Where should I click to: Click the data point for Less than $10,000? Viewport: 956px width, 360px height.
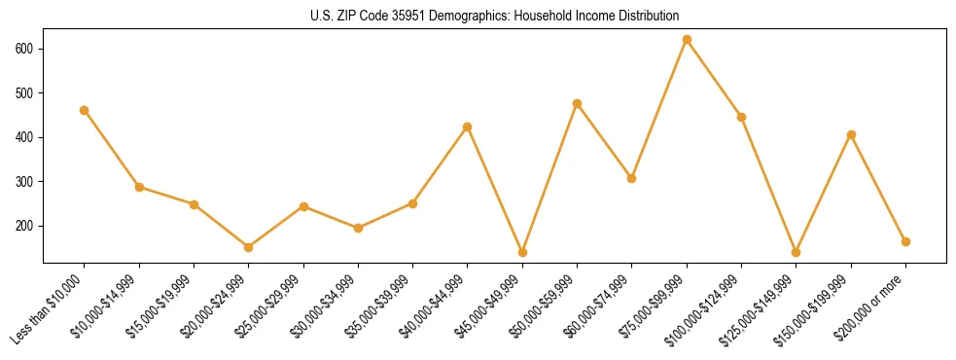click(85, 110)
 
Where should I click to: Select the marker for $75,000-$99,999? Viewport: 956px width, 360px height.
click(687, 40)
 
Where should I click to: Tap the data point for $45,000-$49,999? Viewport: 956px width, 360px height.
click(522, 252)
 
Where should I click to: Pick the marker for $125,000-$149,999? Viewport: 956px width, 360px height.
click(797, 252)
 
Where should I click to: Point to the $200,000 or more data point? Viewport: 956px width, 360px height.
click(905, 241)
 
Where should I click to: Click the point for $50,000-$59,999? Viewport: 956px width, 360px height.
click(578, 103)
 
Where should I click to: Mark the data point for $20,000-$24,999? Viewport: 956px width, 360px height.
click(249, 247)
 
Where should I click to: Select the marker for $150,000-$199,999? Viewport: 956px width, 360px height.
click(851, 134)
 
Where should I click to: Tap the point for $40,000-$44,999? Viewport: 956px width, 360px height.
click(468, 126)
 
